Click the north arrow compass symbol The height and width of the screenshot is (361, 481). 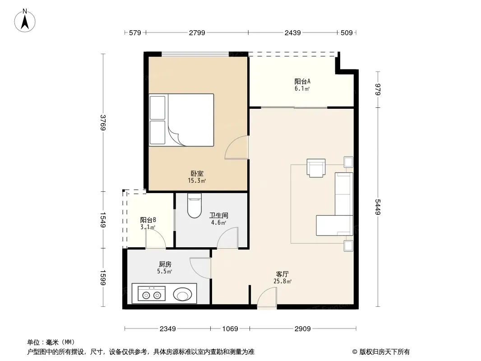(x=25, y=21)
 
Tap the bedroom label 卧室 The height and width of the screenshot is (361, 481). (x=197, y=174)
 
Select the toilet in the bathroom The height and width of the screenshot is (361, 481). (x=194, y=205)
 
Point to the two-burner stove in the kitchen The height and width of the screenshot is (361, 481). (x=152, y=293)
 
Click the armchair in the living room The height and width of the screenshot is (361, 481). (x=316, y=168)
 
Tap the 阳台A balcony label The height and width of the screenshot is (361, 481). (x=302, y=81)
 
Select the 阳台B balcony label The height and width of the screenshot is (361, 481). (x=148, y=220)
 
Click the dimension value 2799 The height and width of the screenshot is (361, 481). (x=197, y=33)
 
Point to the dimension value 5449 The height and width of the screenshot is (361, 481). (x=378, y=207)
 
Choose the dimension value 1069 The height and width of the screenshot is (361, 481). (x=230, y=329)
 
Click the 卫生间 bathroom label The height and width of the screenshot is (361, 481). (x=219, y=216)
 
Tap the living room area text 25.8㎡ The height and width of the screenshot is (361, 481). (x=282, y=281)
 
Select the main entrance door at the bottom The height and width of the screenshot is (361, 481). (x=267, y=297)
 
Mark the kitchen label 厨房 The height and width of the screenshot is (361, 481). (x=165, y=264)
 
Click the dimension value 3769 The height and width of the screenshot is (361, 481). (x=103, y=123)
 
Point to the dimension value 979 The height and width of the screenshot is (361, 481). (x=378, y=89)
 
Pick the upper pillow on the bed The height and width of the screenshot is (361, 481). (x=157, y=108)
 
